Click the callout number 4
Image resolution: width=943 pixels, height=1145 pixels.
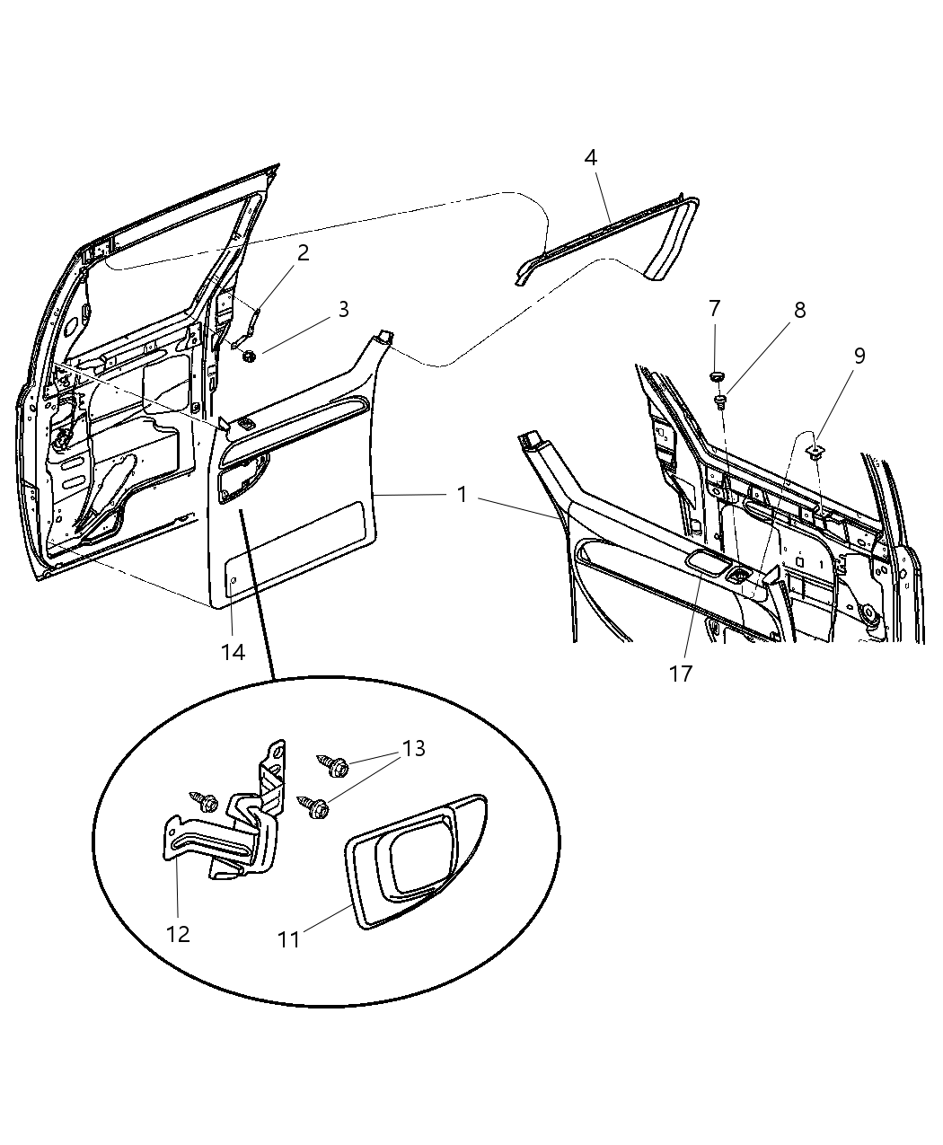[590, 158]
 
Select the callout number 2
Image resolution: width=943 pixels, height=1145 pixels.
[304, 253]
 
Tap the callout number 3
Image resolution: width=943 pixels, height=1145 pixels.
[343, 309]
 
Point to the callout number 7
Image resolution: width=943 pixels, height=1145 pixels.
[714, 309]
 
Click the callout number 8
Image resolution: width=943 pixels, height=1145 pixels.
[800, 311]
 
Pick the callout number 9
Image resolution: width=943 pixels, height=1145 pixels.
[859, 356]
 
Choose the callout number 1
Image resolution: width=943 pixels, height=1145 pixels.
[462, 495]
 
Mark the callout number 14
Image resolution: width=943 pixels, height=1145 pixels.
[233, 653]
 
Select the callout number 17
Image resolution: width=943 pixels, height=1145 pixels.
[681, 674]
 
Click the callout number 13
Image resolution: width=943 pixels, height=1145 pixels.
[414, 749]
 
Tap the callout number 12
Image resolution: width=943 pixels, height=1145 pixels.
[178, 934]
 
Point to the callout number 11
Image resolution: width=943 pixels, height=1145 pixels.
[289, 940]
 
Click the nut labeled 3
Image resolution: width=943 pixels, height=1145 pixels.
[249, 356]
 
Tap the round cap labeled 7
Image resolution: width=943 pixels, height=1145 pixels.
[716, 377]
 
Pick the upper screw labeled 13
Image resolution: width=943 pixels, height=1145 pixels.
[333, 765]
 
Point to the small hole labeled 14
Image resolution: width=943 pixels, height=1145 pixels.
[233, 580]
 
